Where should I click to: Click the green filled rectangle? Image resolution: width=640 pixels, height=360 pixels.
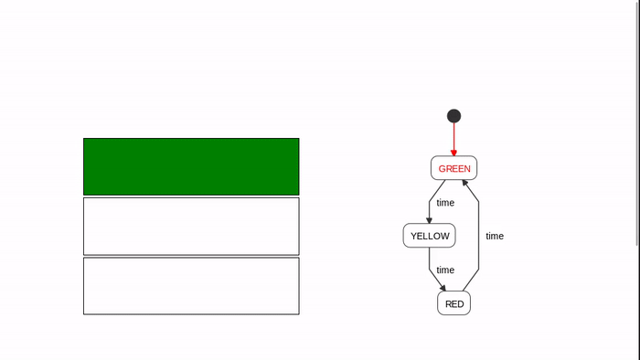click(191, 166)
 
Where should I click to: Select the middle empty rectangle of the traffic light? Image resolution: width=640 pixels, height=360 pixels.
click(191, 226)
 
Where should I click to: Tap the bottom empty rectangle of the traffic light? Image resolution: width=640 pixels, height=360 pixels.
click(191, 285)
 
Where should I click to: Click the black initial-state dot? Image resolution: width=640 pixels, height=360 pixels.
click(453, 116)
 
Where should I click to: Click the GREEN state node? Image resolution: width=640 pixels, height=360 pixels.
click(454, 168)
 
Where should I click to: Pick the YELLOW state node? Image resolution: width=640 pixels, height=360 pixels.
click(430, 236)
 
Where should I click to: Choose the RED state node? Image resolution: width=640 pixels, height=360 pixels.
click(454, 303)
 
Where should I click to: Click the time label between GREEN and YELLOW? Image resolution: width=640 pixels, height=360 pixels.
click(445, 203)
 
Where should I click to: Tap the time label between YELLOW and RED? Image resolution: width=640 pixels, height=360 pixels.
click(445, 270)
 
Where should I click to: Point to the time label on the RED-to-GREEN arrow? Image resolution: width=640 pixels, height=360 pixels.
click(495, 236)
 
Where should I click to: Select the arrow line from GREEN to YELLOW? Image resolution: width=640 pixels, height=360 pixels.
click(433, 196)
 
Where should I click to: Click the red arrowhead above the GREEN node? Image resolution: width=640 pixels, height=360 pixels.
click(453, 153)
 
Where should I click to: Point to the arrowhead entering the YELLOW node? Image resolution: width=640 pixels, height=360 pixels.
click(429, 219)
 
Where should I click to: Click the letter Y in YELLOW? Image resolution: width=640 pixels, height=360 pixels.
click(414, 236)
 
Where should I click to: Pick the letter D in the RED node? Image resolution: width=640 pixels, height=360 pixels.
click(460, 303)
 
